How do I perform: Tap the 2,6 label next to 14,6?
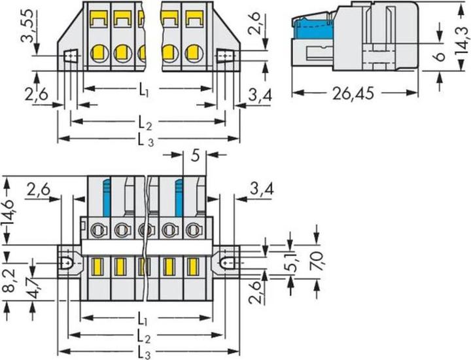point(41,190)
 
